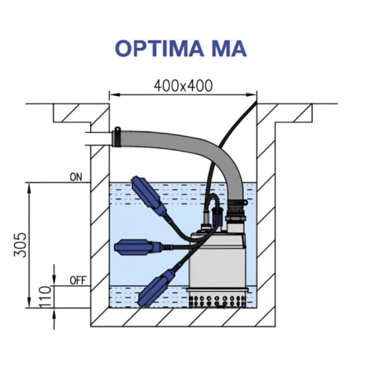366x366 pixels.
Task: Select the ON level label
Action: pyautogui.click(x=76, y=177)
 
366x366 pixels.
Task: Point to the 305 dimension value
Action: pyautogui.click(x=19, y=245)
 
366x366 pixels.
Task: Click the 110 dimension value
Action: pyautogui.click(x=45, y=296)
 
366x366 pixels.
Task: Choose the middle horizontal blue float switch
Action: pyautogui.click(x=135, y=248)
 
